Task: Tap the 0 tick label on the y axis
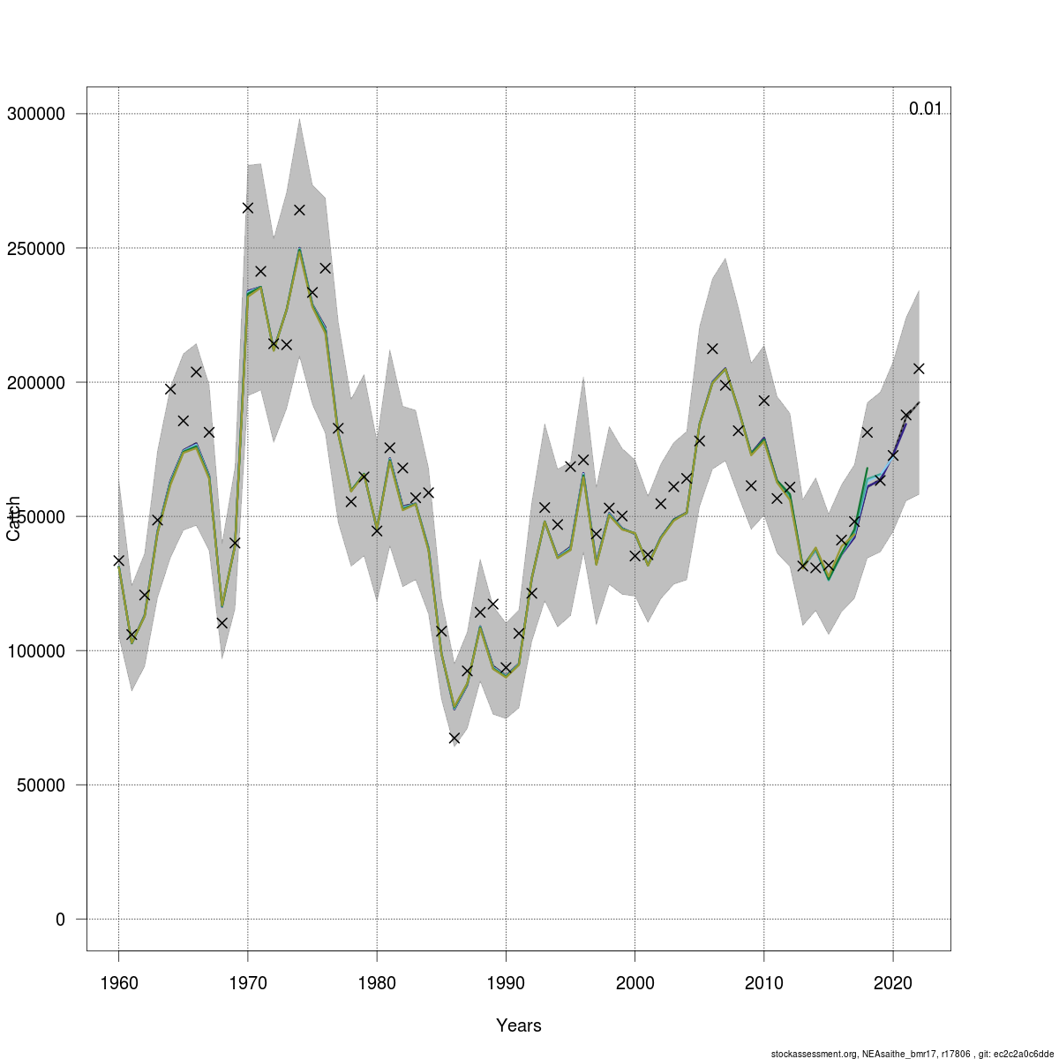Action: (60, 919)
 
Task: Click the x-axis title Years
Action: (519, 1025)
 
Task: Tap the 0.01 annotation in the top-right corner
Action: (925, 109)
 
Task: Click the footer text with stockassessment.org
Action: (912, 1053)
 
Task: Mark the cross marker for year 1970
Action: (248, 207)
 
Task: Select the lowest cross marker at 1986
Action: (454, 738)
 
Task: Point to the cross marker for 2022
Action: (919, 368)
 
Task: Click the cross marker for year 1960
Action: (118, 560)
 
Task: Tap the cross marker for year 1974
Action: (299, 210)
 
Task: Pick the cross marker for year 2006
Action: (712, 349)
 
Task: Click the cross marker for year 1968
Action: (222, 622)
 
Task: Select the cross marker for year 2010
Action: (764, 401)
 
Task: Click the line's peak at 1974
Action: (299, 250)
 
